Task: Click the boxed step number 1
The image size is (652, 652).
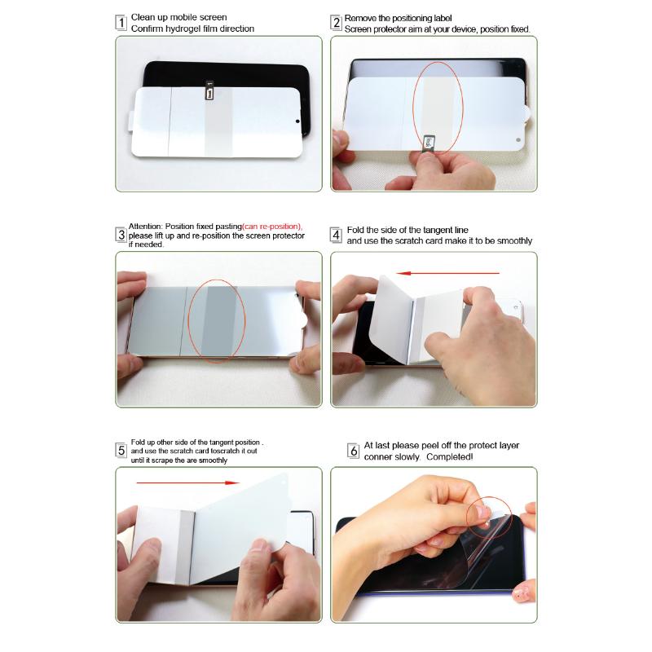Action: point(121,23)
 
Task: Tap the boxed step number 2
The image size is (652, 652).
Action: point(336,23)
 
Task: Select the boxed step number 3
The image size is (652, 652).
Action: point(121,235)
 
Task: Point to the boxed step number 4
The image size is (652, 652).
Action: point(336,236)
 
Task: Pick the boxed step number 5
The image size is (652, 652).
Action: point(121,450)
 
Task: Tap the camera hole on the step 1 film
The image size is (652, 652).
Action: point(297,122)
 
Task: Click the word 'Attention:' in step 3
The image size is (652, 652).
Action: point(146,227)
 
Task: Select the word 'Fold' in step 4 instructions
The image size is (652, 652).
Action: point(356,231)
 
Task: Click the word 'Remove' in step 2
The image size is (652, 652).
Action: point(361,18)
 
